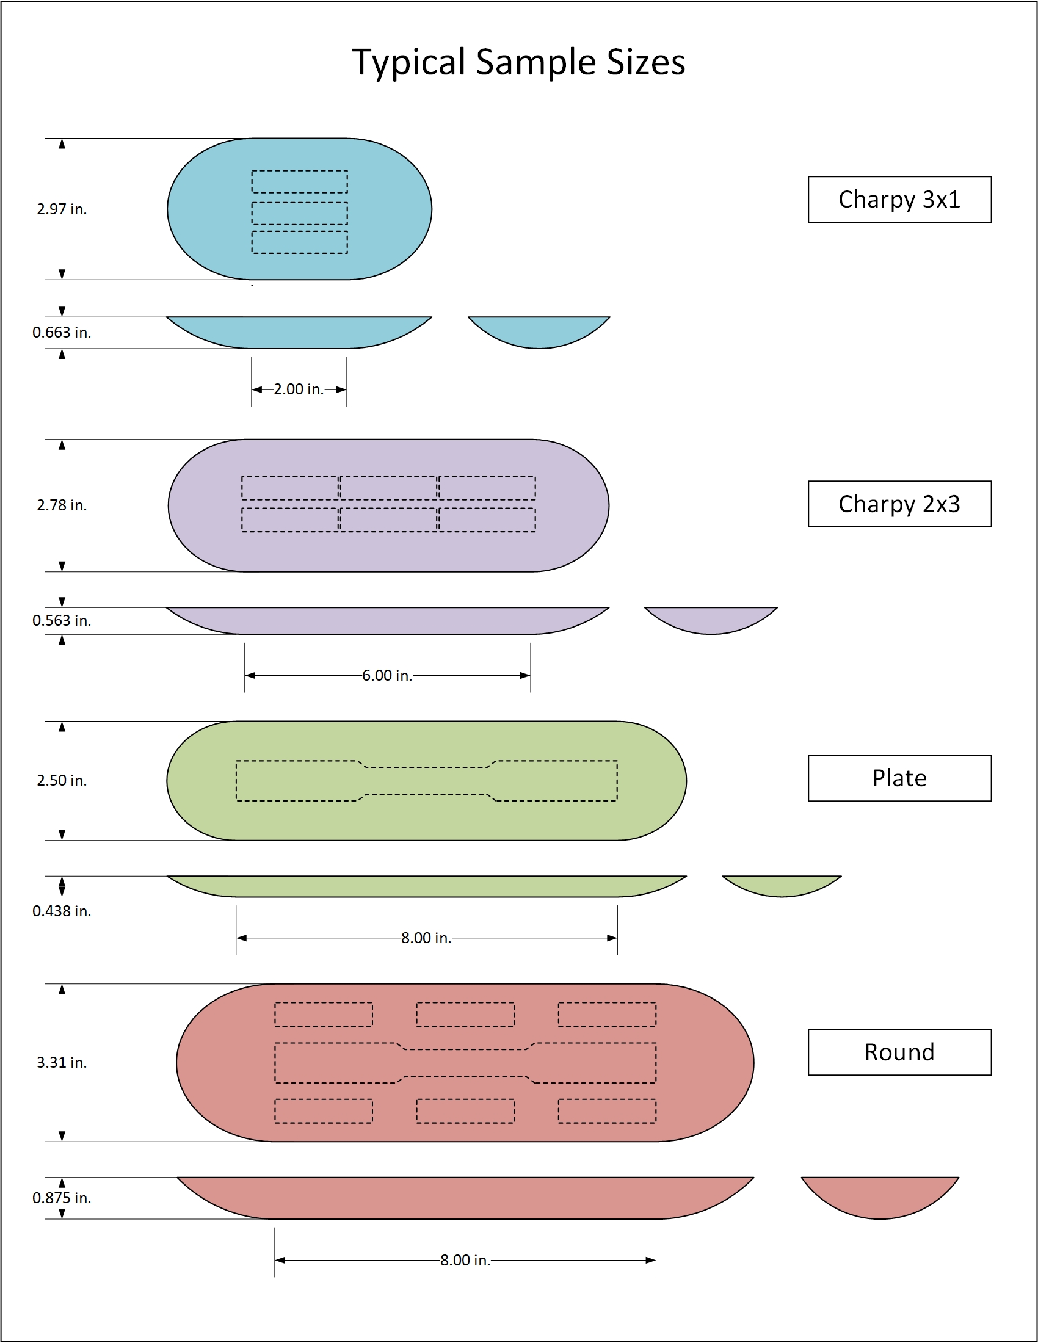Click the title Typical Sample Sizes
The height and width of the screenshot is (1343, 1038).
[x=518, y=63]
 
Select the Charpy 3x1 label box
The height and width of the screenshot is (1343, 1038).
[x=899, y=199]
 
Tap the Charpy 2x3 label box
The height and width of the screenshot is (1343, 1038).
[x=899, y=504]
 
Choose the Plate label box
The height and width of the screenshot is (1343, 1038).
[x=899, y=778]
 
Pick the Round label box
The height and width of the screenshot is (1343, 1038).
[x=899, y=1052]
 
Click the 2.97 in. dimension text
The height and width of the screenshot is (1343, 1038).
[x=62, y=209]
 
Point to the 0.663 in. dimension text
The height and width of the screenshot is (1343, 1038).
[x=62, y=333]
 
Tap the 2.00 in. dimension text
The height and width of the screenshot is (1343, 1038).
[x=298, y=389]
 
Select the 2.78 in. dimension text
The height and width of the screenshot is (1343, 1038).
[x=62, y=505]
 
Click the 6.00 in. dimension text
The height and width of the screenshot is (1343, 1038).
[x=387, y=676]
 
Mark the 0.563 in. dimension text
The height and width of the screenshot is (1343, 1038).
[x=62, y=620]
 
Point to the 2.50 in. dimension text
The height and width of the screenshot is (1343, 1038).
[x=62, y=780]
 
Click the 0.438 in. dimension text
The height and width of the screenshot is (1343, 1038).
[x=62, y=911]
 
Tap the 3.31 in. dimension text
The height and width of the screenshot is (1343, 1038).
[x=62, y=1062]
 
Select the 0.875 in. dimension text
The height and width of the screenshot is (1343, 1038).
[x=62, y=1198]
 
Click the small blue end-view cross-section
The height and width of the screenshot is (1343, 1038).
[x=539, y=331]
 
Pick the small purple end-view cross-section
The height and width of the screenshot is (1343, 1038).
[x=711, y=619]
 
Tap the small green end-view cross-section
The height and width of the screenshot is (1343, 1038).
[x=782, y=885]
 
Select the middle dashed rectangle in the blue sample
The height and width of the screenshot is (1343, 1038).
[x=299, y=214]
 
